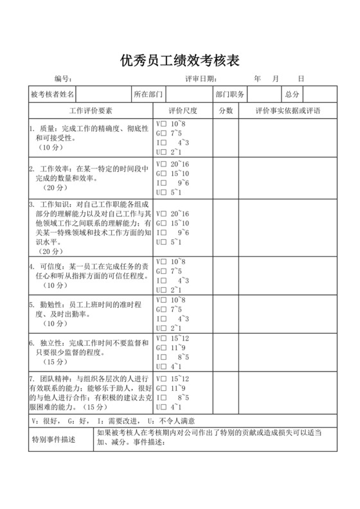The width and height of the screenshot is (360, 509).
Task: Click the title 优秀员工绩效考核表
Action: [180, 61]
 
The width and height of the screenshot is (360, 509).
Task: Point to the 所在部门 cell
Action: [148, 94]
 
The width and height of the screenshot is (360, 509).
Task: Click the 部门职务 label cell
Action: [230, 94]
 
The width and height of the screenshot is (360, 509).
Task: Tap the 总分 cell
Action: [292, 94]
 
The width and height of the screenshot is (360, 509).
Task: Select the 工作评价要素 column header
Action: [91, 111]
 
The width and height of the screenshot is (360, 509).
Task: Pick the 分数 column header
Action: [226, 111]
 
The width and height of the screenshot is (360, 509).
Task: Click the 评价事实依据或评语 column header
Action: [287, 111]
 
